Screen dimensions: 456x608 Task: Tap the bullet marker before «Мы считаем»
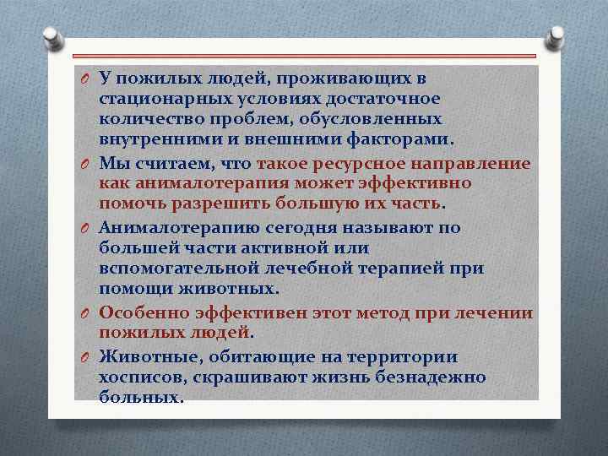(86, 161)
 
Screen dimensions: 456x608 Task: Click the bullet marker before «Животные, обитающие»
(86, 357)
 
